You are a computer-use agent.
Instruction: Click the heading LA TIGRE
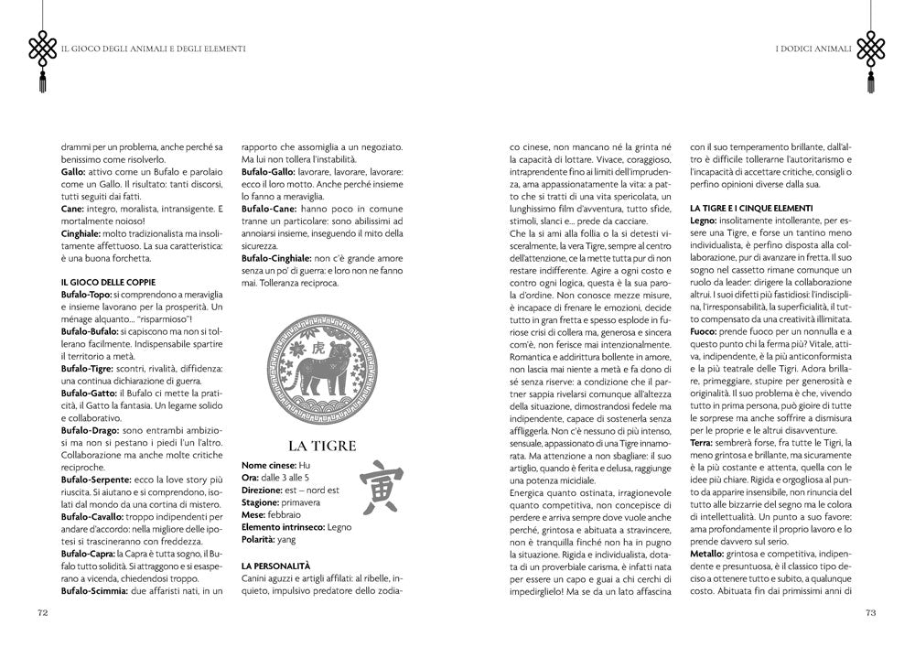tap(321, 446)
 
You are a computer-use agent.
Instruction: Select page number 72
tap(42, 613)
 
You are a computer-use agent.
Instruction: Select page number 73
tap(870, 613)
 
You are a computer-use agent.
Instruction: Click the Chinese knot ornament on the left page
tap(42, 50)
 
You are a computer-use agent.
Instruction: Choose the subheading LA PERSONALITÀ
tap(275, 566)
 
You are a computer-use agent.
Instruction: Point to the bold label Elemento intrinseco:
tap(280, 528)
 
